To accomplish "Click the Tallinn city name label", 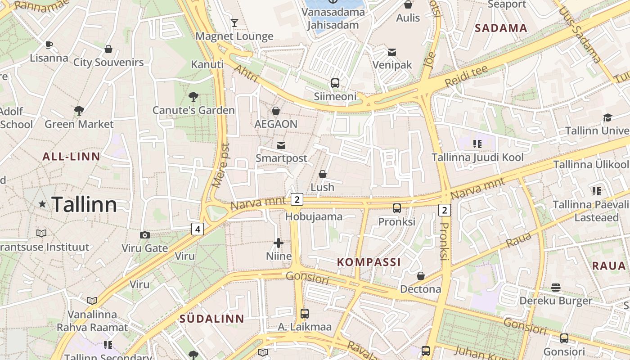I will pos(84,205).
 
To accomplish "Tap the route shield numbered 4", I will pos(197,229).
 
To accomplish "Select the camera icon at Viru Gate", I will pos(144,235).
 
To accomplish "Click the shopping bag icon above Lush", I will pos(322,174).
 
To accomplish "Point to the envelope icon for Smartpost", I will pos(281,145).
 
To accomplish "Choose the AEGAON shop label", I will pos(276,124).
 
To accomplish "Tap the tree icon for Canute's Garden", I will pos(193,96).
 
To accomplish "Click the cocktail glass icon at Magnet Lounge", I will pos(234,22).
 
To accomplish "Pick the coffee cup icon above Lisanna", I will pos(49,45).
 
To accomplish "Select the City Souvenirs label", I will pos(108,63).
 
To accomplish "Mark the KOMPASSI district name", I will pos(369,262).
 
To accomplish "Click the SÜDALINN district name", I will pos(212,319).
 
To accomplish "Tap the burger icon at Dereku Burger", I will pos(556,287).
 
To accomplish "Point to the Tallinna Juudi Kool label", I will pos(477,157).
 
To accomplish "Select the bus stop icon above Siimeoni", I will pos(335,83).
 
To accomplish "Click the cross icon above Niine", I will pos(279,243).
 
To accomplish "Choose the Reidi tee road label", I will pos(466,76).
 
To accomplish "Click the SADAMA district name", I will pos(501,28).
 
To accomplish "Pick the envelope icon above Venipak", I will pos(392,52).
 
